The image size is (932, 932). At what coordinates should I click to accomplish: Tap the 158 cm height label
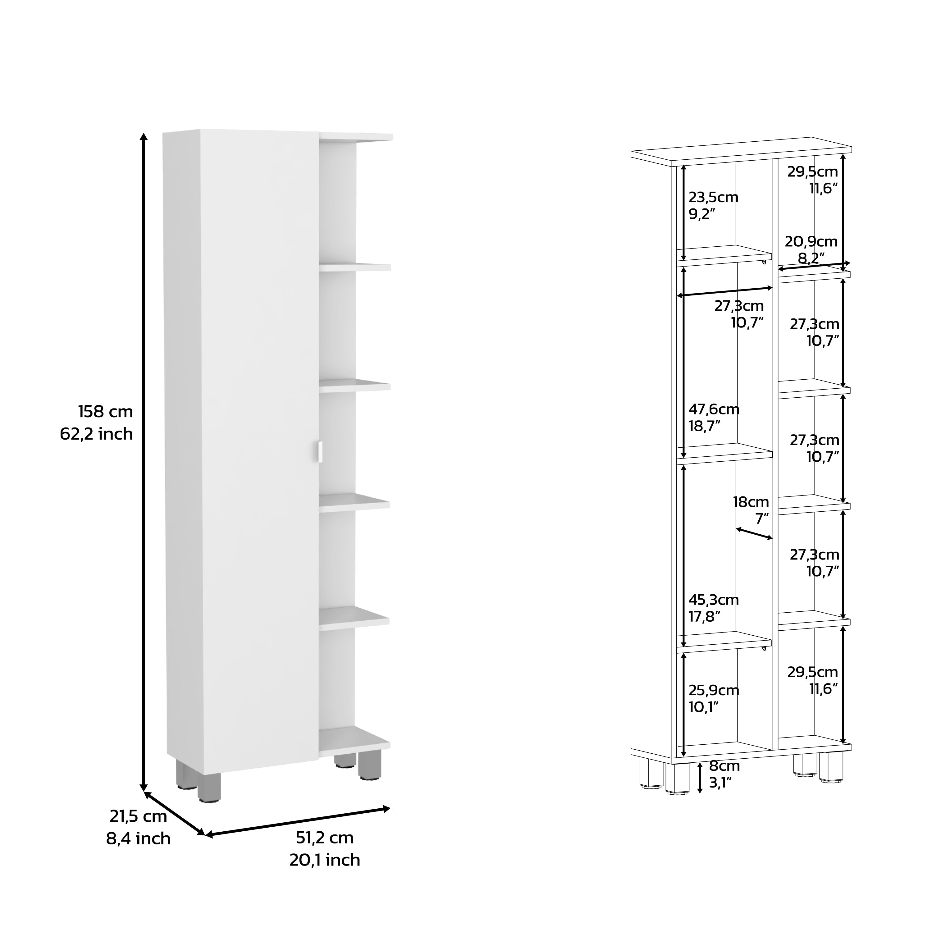pyautogui.click(x=105, y=412)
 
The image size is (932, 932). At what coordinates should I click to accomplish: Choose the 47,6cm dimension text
pyautogui.click(x=714, y=409)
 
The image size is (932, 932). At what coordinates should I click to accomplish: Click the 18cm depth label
pyautogui.click(x=751, y=502)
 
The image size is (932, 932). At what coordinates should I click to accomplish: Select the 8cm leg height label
pyautogui.click(x=724, y=765)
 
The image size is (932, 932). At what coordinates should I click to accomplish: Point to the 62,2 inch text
pyautogui.click(x=97, y=434)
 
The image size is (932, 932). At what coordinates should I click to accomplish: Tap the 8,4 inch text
pyautogui.click(x=139, y=838)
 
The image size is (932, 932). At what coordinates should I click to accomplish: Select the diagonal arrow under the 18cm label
pyautogui.click(x=754, y=533)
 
